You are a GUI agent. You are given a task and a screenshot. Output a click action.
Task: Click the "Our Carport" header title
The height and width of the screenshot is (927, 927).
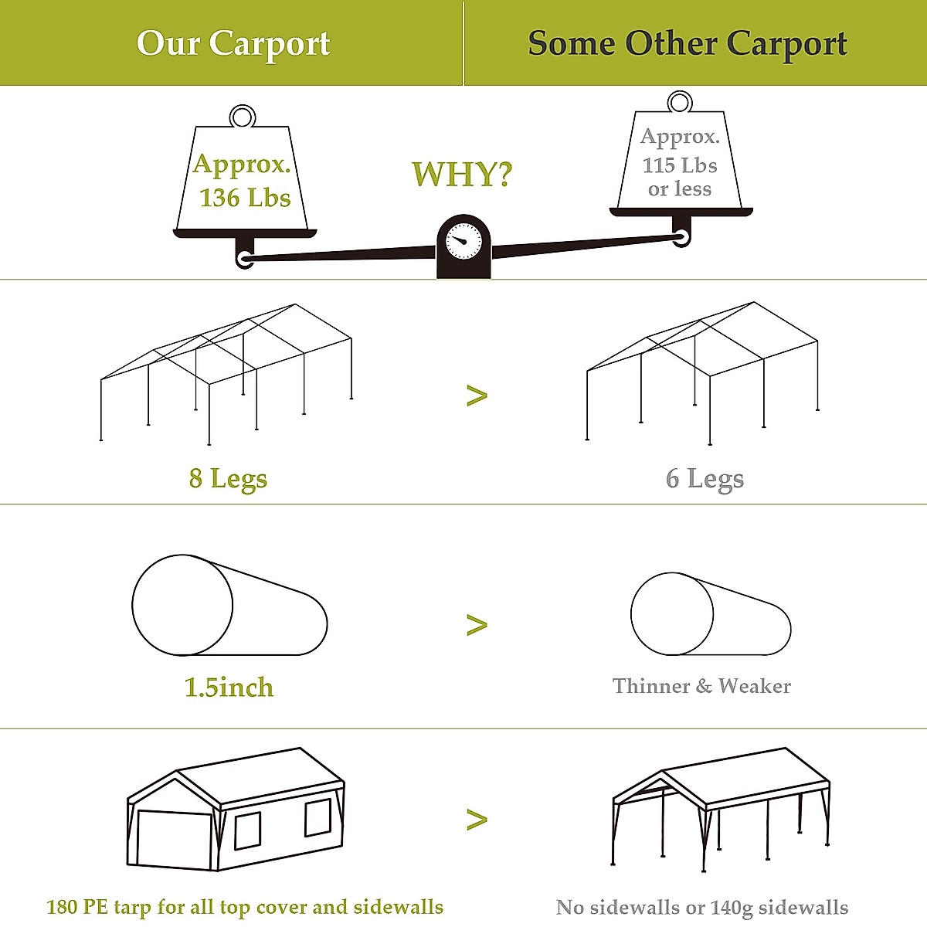click(x=233, y=44)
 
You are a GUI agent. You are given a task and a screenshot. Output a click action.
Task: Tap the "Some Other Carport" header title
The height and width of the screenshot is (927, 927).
click(x=688, y=44)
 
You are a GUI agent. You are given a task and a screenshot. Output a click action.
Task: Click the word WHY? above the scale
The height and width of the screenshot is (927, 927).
click(x=461, y=175)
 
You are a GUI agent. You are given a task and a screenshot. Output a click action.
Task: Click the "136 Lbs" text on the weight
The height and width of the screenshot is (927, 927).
click(x=245, y=198)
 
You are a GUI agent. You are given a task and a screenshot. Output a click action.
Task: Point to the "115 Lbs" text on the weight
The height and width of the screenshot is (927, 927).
click(x=680, y=165)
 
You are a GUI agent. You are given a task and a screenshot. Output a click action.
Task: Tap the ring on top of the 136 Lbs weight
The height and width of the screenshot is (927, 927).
click(x=243, y=117)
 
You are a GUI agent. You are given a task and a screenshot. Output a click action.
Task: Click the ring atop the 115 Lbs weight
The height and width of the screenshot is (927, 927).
click(x=680, y=102)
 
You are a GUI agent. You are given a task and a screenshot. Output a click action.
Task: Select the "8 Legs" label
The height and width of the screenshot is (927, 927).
click(x=228, y=479)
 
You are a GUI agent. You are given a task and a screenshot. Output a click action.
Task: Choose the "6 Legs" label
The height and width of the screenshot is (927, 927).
click(x=705, y=479)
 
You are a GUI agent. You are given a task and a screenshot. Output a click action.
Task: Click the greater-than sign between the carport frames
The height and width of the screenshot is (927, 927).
click(x=477, y=396)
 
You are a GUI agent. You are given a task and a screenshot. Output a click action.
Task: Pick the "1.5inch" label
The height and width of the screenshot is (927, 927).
click(x=229, y=688)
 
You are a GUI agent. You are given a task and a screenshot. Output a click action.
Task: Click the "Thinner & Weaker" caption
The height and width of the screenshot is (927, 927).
click(x=701, y=686)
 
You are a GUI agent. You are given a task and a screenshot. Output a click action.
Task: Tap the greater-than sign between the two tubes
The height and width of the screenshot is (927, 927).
click(x=477, y=625)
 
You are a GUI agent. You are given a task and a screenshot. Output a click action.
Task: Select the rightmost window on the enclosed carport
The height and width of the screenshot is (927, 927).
click(x=317, y=818)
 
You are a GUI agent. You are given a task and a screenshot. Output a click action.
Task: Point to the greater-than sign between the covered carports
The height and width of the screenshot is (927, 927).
click(x=477, y=820)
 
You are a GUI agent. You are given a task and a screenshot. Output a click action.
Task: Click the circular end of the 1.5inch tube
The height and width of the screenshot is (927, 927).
click(x=182, y=605)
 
